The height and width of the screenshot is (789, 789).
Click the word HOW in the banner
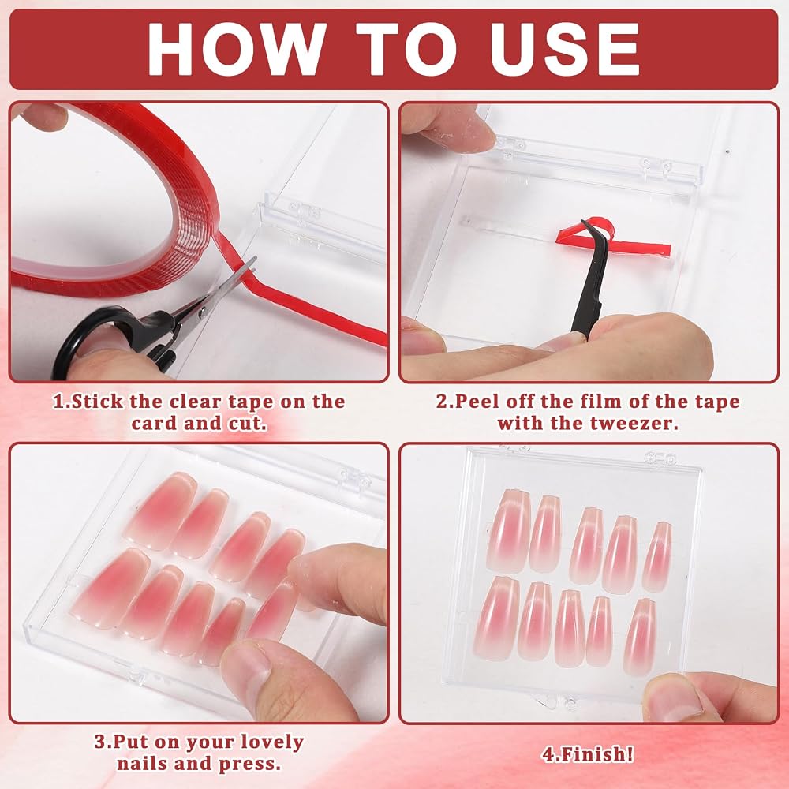(x=234, y=49)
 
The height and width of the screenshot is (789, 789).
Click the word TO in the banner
(x=406, y=49)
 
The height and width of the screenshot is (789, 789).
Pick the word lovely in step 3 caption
(x=271, y=742)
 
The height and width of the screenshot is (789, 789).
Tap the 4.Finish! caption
(x=587, y=753)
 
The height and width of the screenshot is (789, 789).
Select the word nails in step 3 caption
(x=142, y=764)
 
